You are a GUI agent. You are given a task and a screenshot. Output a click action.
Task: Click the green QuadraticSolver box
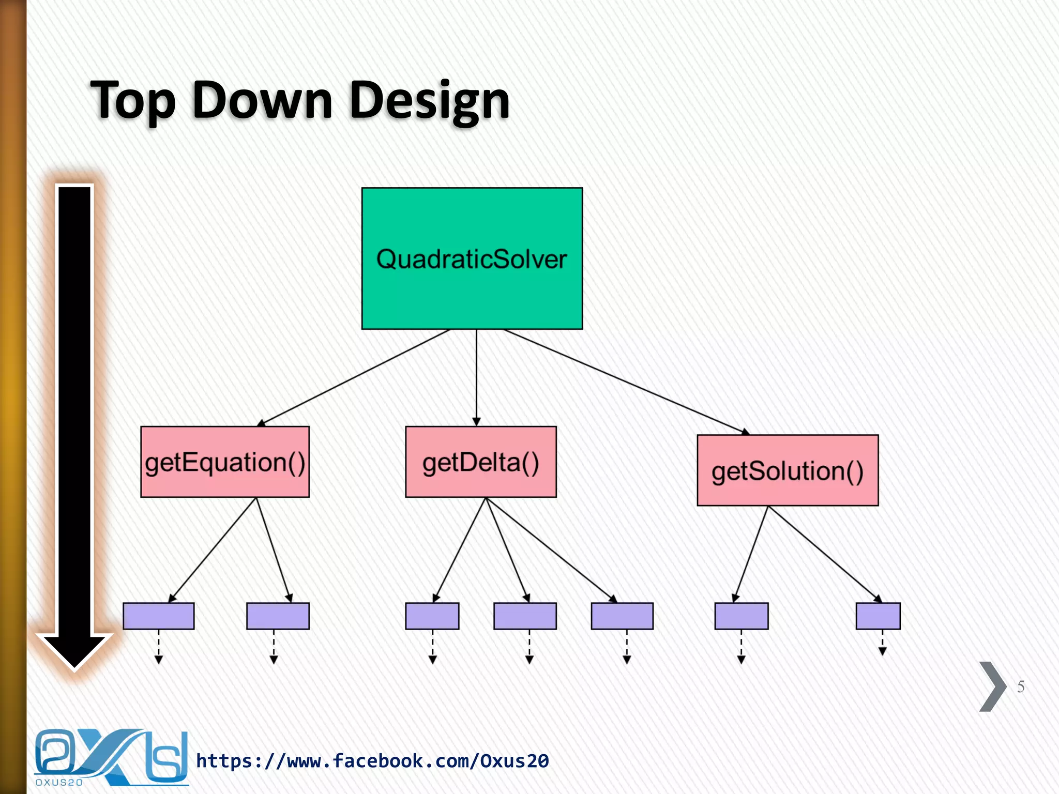point(472,258)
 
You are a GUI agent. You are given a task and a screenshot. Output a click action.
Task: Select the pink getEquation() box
point(225,462)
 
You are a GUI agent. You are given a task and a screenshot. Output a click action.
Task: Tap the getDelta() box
point(480,462)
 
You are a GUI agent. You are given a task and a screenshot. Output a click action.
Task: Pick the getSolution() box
point(787,470)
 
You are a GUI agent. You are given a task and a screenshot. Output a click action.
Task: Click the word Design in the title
point(429,101)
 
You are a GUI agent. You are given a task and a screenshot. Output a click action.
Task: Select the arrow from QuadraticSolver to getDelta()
point(476,377)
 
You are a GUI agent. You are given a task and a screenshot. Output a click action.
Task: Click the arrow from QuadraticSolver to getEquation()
point(354,378)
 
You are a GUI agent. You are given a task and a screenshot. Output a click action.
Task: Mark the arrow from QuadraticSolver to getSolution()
point(626,381)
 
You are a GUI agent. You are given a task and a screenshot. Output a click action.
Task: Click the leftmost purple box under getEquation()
point(158,616)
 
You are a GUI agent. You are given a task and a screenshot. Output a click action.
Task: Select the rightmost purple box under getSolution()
point(878,616)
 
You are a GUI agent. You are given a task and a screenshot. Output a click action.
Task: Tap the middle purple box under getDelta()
point(525,616)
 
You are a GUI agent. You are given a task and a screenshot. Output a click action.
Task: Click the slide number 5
point(1020,686)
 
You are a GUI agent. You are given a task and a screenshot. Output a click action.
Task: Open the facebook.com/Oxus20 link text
point(372,761)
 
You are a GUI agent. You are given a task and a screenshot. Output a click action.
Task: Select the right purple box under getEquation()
point(278,616)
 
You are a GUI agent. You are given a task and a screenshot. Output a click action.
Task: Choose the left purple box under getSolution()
point(741,616)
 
